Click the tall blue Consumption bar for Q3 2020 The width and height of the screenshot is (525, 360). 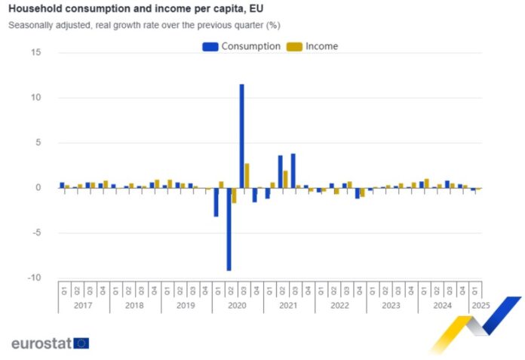tap(241, 136)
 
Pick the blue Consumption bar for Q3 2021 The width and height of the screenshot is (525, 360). tap(293, 171)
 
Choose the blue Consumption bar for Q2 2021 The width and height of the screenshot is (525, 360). tap(280, 171)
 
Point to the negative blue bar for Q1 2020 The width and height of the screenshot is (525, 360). tap(216, 202)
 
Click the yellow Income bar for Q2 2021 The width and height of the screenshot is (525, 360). tap(285, 179)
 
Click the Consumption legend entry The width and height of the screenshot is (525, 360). tap(241, 46)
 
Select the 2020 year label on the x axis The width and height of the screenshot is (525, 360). tap(237, 306)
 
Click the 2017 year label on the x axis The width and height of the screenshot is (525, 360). tap(83, 306)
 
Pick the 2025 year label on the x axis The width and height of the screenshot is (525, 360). tap(479, 306)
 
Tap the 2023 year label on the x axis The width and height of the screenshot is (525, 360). tap(391, 306)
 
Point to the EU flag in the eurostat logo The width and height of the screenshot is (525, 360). tap(81, 343)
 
